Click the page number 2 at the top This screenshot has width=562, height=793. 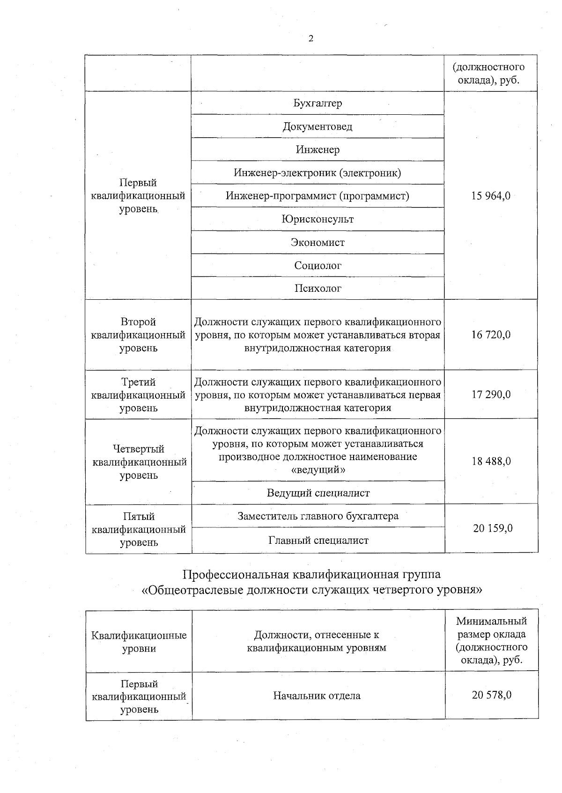(x=311, y=39)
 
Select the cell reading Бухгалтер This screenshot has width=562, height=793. (x=318, y=103)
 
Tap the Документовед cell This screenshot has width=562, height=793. (x=318, y=126)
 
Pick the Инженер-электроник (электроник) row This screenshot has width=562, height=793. (x=318, y=173)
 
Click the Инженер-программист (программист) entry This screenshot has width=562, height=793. (x=318, y=196)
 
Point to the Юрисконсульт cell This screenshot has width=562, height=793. (x=318, y=219)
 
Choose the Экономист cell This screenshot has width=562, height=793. (x=318, y=243)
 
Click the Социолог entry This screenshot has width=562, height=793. (x=318, y=266)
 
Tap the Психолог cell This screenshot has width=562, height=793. (x=318, y=289)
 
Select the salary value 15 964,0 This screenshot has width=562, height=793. (x=491, y=196)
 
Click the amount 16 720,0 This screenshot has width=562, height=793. (x=491, y=335)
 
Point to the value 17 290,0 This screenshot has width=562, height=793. (x=491, y=394)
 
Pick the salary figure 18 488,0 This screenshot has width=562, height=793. (x=491, y=461)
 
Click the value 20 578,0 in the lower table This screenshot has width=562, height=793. (x=492, y=695)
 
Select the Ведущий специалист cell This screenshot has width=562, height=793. (x=318, y=493)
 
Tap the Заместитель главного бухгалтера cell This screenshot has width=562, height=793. (x=318, y=516)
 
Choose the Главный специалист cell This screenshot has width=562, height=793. (x=318, y=541)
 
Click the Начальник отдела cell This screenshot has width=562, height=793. (x=317, y=696)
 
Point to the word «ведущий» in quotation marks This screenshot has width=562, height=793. (x=318, y=469)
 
